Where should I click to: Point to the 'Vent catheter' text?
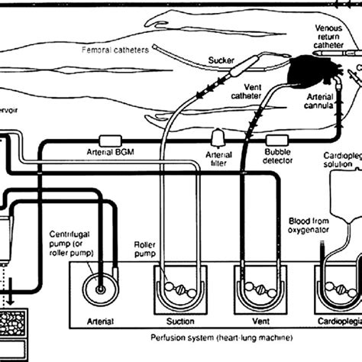tap(248, 92)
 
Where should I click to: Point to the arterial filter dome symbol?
tap(218, 139)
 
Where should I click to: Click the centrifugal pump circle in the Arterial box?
tap(100, 291)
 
